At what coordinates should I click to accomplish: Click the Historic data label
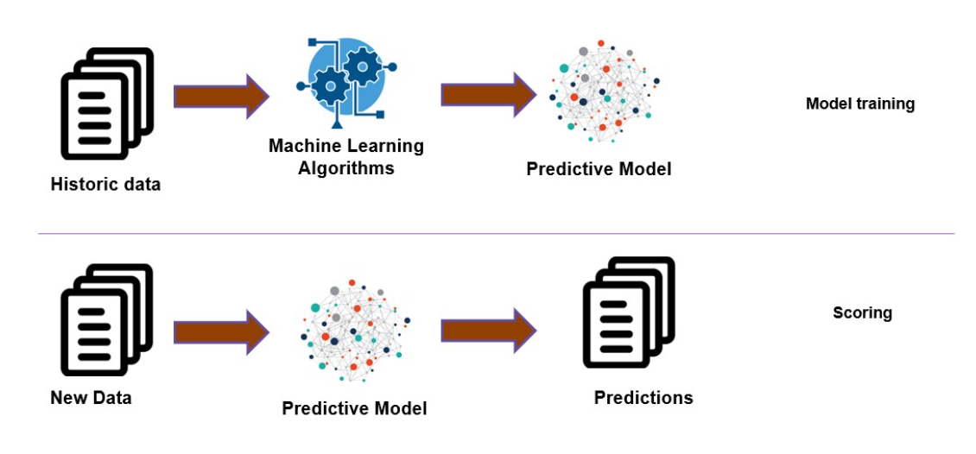[x=105, y=184]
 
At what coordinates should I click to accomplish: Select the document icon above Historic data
[x=105, y=102]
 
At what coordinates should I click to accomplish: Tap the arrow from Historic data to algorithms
[x=221, y=96]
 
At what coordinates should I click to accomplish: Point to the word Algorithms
[x=346, y=168]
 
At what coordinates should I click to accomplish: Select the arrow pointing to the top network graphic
[x=489, y=95]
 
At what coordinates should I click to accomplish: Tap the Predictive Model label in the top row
[x=599, y=169]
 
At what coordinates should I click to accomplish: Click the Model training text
[x=859, y=104]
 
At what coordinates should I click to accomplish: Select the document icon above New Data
[x=105, y=318]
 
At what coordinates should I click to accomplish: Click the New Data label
[x=91, y=398]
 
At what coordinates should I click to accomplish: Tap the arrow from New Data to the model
[x=221, y=331]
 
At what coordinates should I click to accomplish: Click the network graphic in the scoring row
[x=355, y=331]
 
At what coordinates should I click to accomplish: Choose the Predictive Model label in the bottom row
[x=354, y=407]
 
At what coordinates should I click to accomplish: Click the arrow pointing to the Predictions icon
[x=489, y=331]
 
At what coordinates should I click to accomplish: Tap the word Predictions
[x=643, y=397]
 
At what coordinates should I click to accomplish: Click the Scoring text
[x=862, y=312]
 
